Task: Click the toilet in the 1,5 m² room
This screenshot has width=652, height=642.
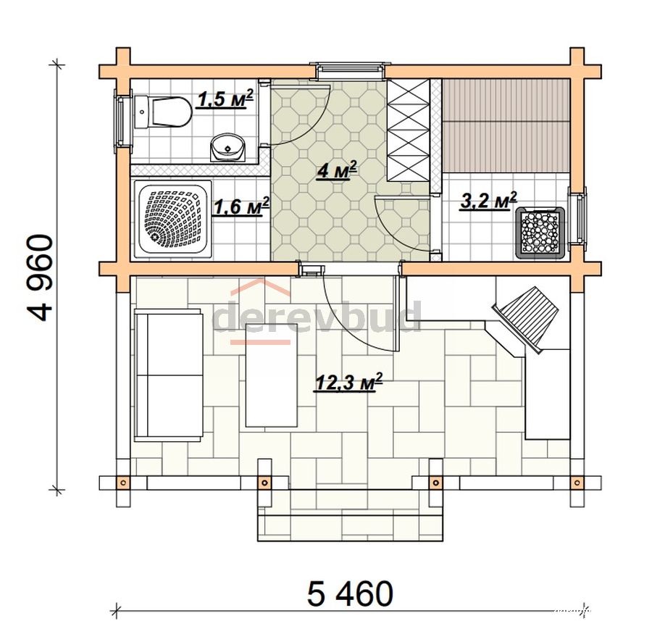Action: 162,112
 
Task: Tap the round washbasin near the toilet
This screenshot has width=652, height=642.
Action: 228,148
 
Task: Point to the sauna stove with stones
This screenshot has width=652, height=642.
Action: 540,233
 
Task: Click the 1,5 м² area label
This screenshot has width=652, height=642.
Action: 225,99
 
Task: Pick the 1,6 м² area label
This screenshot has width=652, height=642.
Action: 241,207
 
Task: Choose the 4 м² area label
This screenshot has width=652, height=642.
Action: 336,170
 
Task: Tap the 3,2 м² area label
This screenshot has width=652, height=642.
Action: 488,201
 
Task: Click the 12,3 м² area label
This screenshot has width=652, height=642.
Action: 348,382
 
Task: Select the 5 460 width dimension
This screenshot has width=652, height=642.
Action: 350,593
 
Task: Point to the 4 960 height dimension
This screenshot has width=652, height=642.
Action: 41,278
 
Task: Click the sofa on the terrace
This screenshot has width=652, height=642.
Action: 169,374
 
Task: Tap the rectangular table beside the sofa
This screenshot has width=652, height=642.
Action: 272,375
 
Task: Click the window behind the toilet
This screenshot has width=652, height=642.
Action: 122,119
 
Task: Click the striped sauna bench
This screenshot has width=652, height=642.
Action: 506,125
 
